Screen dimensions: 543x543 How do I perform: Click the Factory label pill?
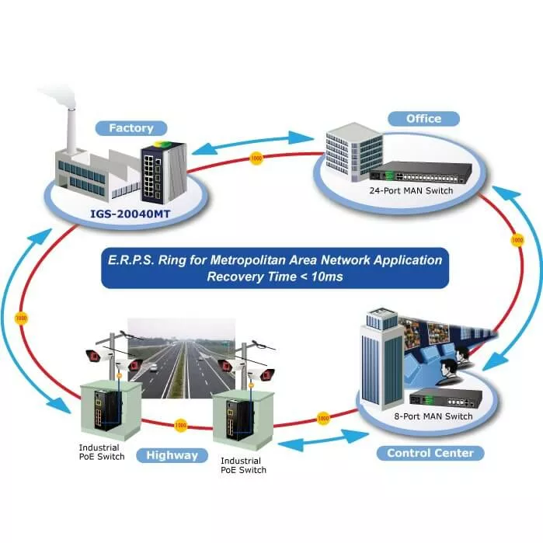pyautogui.click(x=131, y=128)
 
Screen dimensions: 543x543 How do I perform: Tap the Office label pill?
pyautogui.click(x=423, y=119)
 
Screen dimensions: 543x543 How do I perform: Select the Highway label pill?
pyautogui.click(x=172, y=455)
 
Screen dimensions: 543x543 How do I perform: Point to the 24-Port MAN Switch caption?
pyautogui.click(x=412, y=190)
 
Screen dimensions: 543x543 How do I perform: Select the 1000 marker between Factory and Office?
pyautogui.click(x=257, y=159)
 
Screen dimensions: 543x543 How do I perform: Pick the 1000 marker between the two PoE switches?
pyautogui.click(x=180, y=426)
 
